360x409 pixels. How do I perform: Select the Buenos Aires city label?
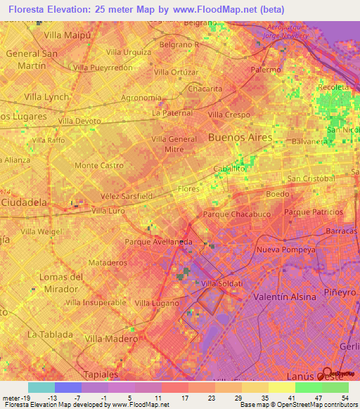pyautogui.click(x=240, y=137)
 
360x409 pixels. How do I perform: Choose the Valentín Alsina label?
pyautogui.click(x=284, y=297)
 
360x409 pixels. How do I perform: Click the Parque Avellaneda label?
pyautogui.click(x=158, y=242)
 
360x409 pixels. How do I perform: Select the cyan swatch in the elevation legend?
pyautogui.click(x=41, y=387)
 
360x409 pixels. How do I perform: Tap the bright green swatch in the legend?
pyautogui.click(x=308, y=387)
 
